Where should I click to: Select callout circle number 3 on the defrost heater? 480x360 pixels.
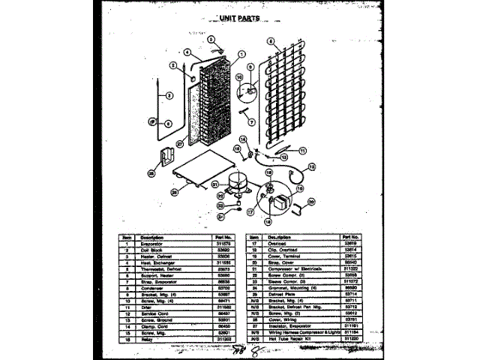(x=169, y=94)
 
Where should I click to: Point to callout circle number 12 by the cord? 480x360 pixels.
(x=312, y=166)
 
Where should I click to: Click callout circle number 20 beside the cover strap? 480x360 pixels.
(x=311, y=201)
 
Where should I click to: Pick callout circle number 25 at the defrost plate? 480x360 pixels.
(x=174, y=192)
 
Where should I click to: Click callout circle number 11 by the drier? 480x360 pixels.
(x=302, y=150)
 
